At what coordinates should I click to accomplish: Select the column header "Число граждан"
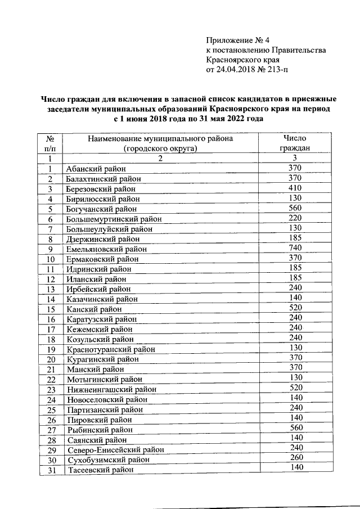pos(295,143)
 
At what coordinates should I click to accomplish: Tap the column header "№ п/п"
pos(50,143)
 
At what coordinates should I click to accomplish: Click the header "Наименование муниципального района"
pos(160,138)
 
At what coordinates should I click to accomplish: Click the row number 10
pos(50,259)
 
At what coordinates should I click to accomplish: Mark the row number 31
pos(50,471)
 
